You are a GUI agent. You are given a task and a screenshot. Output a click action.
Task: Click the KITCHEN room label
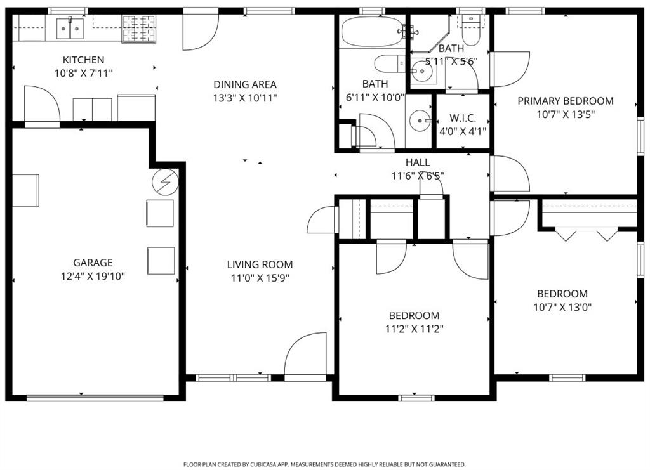pos(83,60)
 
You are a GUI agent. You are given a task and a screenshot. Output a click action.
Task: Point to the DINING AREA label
pos(244,84)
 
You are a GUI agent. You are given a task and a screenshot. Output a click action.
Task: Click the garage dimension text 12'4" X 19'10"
pos(93,276)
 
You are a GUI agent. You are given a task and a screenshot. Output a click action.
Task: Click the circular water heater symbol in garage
pos(165,183)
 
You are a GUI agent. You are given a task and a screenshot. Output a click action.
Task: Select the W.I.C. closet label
pos(463,119)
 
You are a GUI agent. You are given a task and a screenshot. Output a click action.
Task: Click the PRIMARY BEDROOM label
pos(565,101)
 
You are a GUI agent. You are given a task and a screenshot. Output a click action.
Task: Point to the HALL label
pos(417,163)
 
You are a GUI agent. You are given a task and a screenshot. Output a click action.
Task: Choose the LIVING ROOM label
pos(260,264)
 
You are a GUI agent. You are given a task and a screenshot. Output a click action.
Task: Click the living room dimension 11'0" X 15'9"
pos(260,278)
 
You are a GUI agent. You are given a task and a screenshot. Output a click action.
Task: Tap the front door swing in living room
pos(303,355)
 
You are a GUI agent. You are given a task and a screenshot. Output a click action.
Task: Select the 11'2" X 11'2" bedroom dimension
pos(414,329)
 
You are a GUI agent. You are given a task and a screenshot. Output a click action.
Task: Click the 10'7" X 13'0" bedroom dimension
pos(562,308)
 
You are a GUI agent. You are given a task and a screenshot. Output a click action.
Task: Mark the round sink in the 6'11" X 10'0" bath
pos(420,120)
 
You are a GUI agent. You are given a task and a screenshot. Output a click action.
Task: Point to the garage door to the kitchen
pos(41,105)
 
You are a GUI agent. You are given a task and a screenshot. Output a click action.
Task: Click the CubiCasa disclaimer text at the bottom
pos(324,464)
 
